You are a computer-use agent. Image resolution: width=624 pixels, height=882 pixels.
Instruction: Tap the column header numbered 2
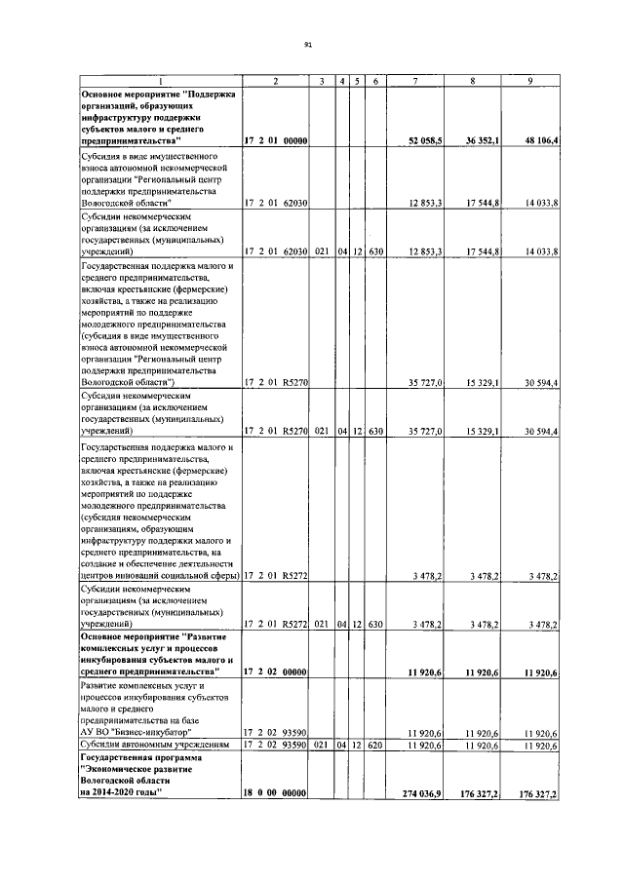[276, 81]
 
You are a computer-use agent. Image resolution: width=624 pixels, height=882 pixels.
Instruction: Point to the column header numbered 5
[358, 81]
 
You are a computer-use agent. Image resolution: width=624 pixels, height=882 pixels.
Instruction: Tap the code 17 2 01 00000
[276, 141]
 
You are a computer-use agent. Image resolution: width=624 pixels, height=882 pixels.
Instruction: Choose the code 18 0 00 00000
[276, 796]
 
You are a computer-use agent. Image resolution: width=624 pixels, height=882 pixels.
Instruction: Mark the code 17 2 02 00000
[276, 672]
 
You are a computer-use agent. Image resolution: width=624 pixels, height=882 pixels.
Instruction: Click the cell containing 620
[375, 746]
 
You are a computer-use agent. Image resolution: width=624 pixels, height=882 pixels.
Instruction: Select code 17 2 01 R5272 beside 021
[276, 622]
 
